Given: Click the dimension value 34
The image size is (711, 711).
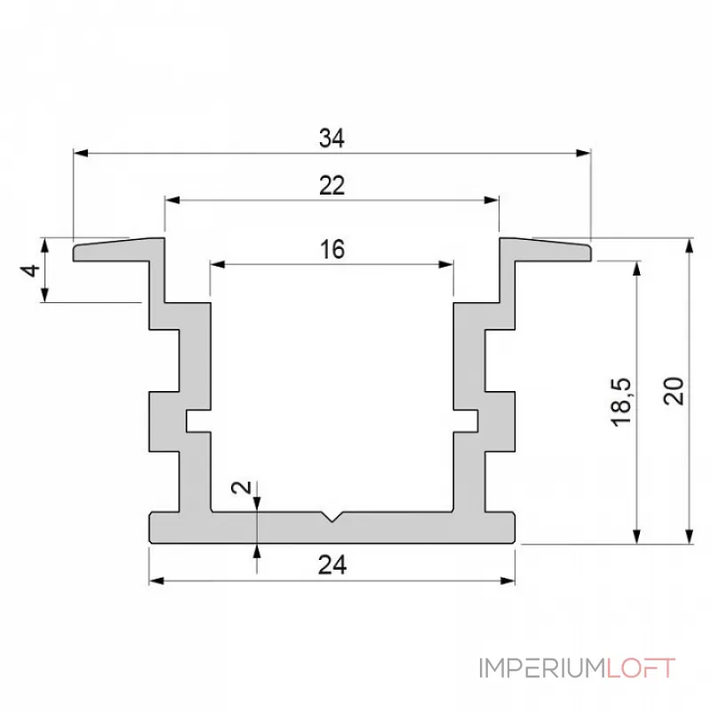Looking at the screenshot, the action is pyautogui.click(x=332, y=138).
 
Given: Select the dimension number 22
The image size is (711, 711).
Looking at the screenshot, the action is pyautogui.click(x=332, y=186).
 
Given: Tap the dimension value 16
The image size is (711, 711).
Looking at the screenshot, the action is pyautogui.click(x=332, y=250).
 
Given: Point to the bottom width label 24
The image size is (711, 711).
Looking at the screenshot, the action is pyautogui.click(x=332, y=565).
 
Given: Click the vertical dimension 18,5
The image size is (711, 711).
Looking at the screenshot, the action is pyautogui.click(x=620, y=402).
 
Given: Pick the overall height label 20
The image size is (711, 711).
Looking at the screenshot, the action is pyautogui.click(x=674, y=390).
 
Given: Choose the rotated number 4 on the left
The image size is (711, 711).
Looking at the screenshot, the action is pyautogui.click(x=30, y=271).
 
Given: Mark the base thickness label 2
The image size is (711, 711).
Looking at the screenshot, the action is pyautogui.click(x=241, y=487).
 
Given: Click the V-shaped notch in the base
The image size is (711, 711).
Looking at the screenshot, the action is pyautogui.click(x=332, y=517).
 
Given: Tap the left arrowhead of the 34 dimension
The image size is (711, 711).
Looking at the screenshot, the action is pyautogui.click(x=80, y=153).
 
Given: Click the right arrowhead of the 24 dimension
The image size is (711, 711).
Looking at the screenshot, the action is pyautogui.click(x=507, y=581).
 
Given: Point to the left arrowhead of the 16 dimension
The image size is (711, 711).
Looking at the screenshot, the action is pyautogui.click(x=218, y=264).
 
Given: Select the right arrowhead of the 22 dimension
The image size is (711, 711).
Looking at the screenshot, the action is pyautogui.click(x=491, y=200).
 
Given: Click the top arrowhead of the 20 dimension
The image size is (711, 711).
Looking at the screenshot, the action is pyautogui.click(x=690, y=246).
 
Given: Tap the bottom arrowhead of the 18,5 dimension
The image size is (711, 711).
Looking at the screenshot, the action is pyautogui.click(x=637, y=536).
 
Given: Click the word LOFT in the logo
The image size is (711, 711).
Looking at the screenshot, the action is pyautogui.click(x=641, y=668).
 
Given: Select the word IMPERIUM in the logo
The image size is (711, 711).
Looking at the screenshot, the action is pyautogui.click(x=543, y=668).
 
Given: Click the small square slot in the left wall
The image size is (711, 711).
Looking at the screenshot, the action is pyautogui.click(x=197, y=420).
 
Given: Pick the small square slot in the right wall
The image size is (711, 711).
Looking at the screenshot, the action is pyautogui.click(x=466, y=420).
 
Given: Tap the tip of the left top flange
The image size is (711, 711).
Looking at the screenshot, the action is pyautogui.click(x=75, y=253).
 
